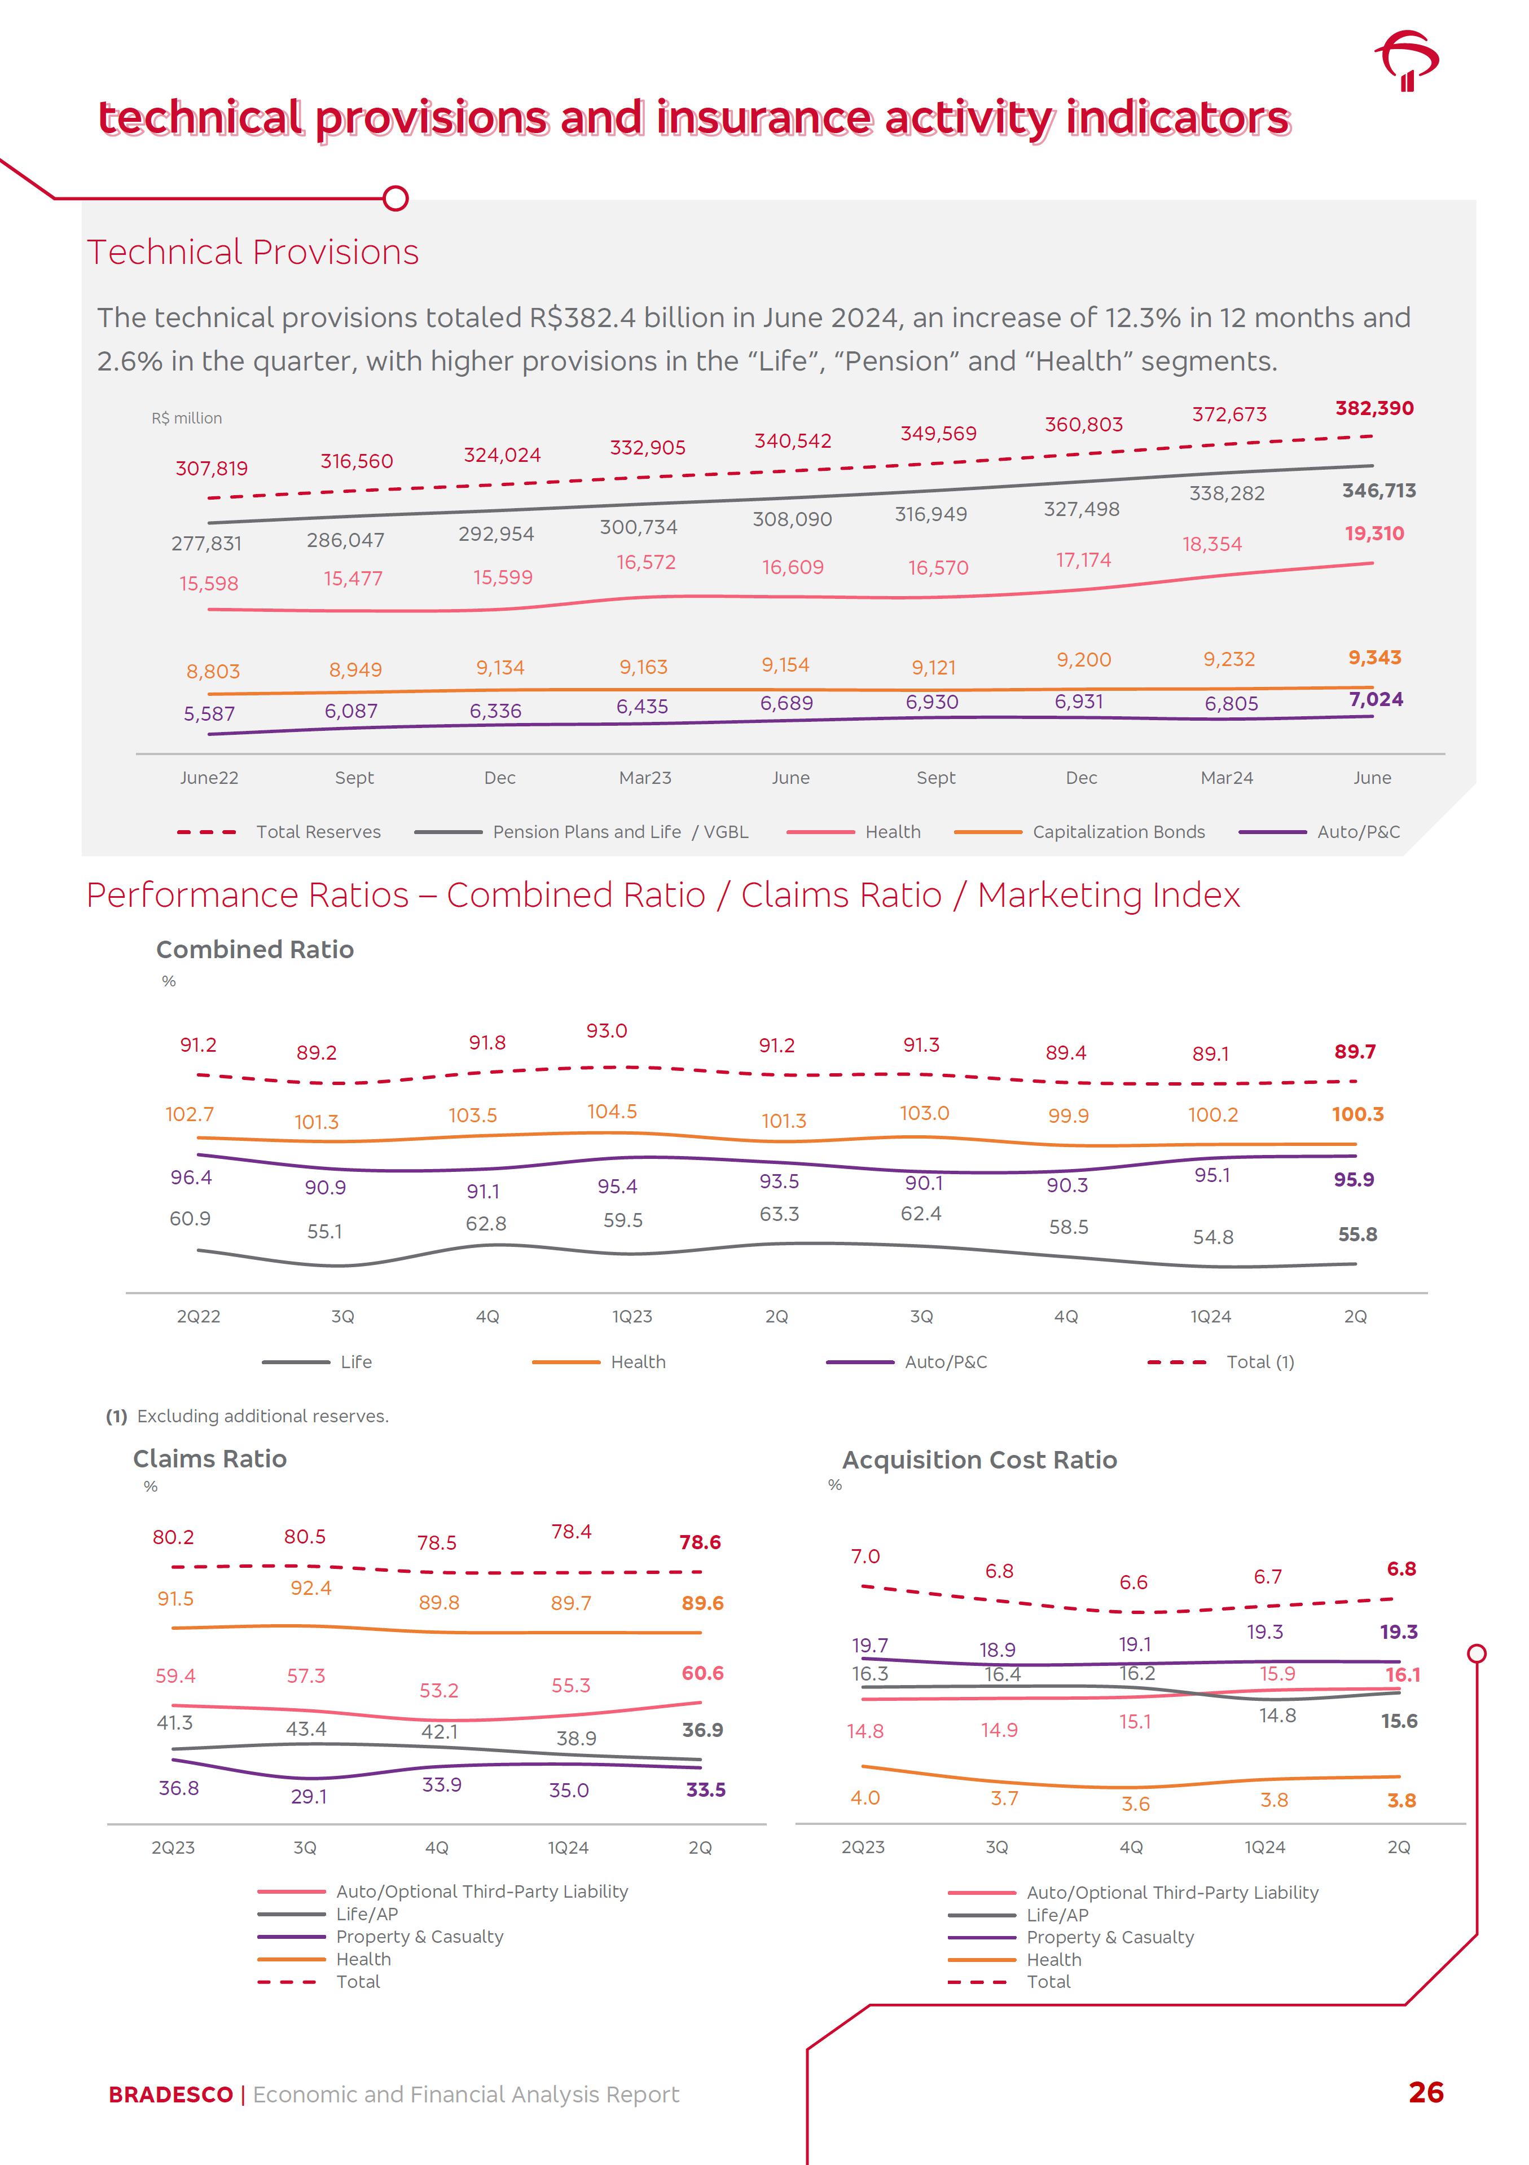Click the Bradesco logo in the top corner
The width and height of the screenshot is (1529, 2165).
[x=1407, y=60]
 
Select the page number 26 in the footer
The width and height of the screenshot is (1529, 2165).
[x=1425, y=2092]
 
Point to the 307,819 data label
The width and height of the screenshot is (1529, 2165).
[x=211, y=469]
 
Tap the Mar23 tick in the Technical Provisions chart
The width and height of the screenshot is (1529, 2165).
[x=645, y=778]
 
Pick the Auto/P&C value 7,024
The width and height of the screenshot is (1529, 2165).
[x=1375, y=700]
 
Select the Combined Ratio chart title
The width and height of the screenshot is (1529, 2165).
[x=254, y=950]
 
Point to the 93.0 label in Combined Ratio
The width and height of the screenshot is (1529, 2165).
[x=607, y=1031]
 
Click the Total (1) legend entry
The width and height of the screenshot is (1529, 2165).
[x=1259, y=1361]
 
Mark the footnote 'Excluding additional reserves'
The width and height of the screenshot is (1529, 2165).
[x=262, y=1416]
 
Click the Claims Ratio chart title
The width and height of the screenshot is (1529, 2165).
[x=209, y=1459]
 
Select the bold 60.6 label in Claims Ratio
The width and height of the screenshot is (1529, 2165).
[x=702, y=1673]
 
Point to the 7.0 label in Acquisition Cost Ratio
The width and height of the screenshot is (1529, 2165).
[x=865, y=1556]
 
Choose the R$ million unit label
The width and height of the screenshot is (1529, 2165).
[x=187, y=418]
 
